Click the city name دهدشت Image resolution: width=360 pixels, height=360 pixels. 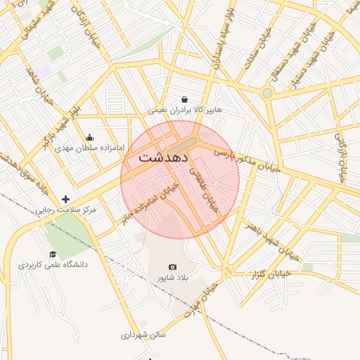pos(162,156)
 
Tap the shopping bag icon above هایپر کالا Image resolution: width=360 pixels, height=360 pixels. pos(184,99)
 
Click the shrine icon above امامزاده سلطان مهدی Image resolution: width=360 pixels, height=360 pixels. pos(89,137)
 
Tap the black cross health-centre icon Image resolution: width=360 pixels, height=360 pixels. pos(66,200)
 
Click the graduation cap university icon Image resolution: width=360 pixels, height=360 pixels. pos(53,254)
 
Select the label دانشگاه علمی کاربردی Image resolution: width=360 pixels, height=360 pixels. pos(53,265)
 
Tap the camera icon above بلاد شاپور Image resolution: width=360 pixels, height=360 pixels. pos(173,267)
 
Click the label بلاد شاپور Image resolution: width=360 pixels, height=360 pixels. pos(173,279)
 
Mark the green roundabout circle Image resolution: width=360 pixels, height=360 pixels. pos(267,93)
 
